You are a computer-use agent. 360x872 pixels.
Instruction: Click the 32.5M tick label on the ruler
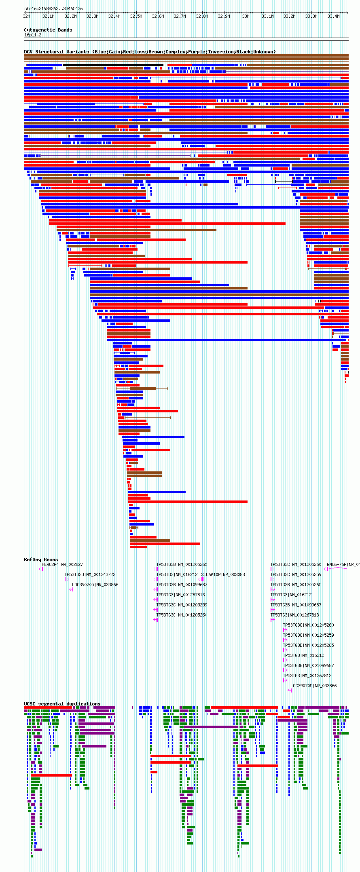point(136,17)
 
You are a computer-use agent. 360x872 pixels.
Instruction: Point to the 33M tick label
point(246,17)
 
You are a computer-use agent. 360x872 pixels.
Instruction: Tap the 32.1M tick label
point(48,17)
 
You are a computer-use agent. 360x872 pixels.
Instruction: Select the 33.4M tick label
point(333,17)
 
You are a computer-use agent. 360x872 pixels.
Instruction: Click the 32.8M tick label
point(202,17)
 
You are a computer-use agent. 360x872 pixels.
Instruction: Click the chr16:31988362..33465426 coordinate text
point(53,8)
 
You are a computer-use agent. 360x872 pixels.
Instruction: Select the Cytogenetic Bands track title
point(48,30)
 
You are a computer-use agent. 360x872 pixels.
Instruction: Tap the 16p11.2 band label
point(33,35)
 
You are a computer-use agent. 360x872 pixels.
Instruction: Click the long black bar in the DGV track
point(113,65)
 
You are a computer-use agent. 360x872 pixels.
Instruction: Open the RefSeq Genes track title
point(41,560)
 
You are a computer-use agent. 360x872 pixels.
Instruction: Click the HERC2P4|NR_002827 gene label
point(62,564)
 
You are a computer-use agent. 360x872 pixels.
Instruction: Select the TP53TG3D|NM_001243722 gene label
point(90,574)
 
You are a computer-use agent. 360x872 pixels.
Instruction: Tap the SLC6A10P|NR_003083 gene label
point(223,574)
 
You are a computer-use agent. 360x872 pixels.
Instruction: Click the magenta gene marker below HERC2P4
point(41,569)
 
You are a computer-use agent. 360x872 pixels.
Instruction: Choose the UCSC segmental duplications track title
point(62,704)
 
